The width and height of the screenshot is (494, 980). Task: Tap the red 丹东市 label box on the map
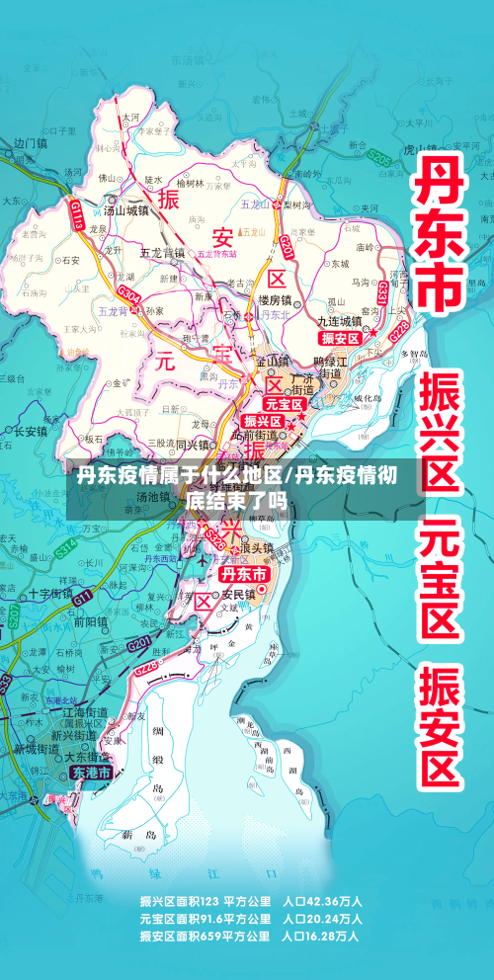(243, 574)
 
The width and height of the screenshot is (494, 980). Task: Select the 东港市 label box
(90, 774)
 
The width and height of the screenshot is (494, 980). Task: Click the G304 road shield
(128, 296)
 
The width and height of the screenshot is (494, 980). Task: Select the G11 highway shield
(82, 596)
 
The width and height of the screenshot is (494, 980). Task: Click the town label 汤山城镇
(126, 210)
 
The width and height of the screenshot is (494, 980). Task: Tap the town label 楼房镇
(275, 299)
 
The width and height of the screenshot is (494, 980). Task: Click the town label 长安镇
(30, 431)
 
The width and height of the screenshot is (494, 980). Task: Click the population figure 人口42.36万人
(322, 901)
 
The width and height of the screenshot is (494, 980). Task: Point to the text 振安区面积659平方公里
(206, 936)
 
